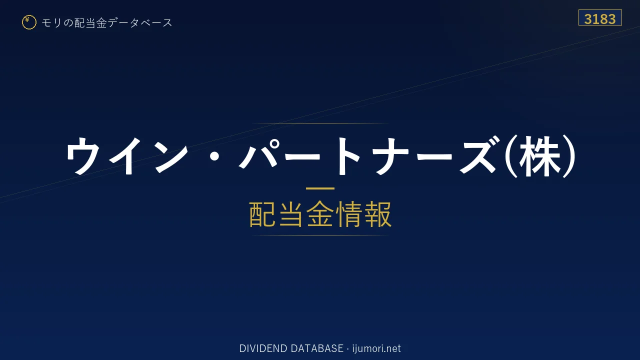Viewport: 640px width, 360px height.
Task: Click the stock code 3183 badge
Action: pyautogui.click(x=600, y=17)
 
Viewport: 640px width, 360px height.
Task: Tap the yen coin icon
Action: pyautogui.click(x=29, y=22)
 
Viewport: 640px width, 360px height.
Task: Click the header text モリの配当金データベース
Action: pyautogui.click(x=107, y=23)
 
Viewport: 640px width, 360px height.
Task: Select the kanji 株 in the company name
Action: pyautogui.click(x=539, y=156)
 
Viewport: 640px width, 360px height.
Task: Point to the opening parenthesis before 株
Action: pyautogui.click(x=511, y=156)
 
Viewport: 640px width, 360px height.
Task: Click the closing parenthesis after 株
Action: pyautogui.click(x=569, y=156)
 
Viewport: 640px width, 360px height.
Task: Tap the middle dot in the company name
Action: pyautogui.click(x=214, y=156)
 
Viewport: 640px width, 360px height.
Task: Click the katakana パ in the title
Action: pyautogui.click(x=258, y=154)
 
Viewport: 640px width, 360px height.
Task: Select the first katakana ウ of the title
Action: pyautogui.click(x=83, y=155)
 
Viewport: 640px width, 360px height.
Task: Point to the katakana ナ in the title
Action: pyautogui.click(x=392, y=155)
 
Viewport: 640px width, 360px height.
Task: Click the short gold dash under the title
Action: pyautogui.click(x=320, y=188)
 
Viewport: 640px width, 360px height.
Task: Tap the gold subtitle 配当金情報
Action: pyautogui.click(x=320, y=214)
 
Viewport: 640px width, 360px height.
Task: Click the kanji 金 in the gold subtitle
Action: pyautogui.click(x=320, y=214)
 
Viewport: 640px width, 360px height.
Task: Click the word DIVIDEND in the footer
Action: pyautogui.click(x=263, y=348)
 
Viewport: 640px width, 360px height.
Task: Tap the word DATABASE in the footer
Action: pyautogui.click(x=317, y=348)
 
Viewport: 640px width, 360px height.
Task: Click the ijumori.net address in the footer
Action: pyautogui.click(x=376, y=348)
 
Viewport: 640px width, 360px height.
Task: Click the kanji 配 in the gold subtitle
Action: pyautogui.click(x=262, y=214)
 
